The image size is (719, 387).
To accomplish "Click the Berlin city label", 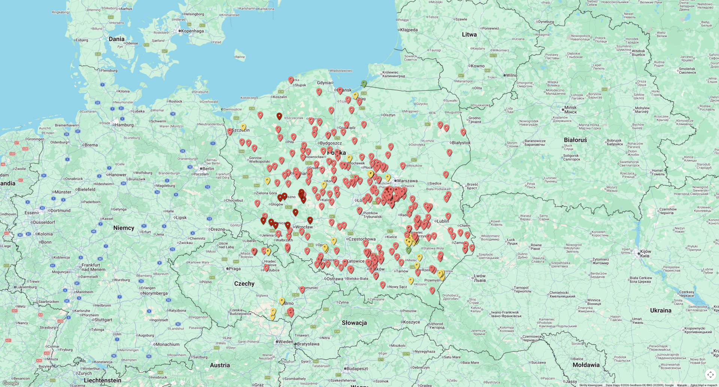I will pyautogui.click(x=208, y=168).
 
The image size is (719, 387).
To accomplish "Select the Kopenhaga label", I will pyautogui.click(x=192, y=31).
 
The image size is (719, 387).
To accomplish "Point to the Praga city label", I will pyautogui.click(x=234, y=269).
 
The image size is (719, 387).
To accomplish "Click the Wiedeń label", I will pyautogui.click(x=285, y=342).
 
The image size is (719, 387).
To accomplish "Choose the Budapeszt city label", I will pyautogui.click(x=357, y=369).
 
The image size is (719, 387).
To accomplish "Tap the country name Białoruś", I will pyautogui.click(x=575, y=140).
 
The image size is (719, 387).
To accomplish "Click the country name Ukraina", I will pyautogui.click(x=661, y=310).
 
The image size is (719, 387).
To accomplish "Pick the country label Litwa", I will pyautogui.click(x=469, y=34).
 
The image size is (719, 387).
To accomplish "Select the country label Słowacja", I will pyautogui.click(x=354, y=323).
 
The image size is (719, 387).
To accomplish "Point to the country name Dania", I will pyautogui.click(x=116, y=39).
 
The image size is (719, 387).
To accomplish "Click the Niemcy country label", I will pyautogui.click(x=124, y=228).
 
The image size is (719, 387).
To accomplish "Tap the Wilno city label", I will pyautogui.click(x=511, y=75).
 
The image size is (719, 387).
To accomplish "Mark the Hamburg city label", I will pyautogui.click(x=124, y=125).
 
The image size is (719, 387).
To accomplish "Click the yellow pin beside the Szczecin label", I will pyautogui.click(x=243, y=127).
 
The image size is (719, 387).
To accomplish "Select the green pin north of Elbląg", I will pyautogui.click(x=364, y=83).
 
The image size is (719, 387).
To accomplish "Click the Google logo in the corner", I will pyautogui.click(x=10, y=383).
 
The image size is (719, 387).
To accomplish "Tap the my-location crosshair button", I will pyautogui.click(x=710, y=374).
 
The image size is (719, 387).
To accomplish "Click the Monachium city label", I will pyautogui.click(x=167, y=344).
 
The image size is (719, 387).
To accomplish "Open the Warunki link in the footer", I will pyautogui.click(x=682, y=385).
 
